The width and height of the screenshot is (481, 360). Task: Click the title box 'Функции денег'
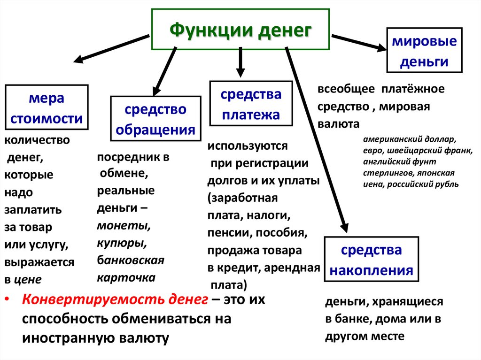(240, 30)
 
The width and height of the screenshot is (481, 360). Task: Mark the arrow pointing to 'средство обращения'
(164, 70)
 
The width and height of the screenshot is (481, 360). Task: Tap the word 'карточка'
(126, 277)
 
